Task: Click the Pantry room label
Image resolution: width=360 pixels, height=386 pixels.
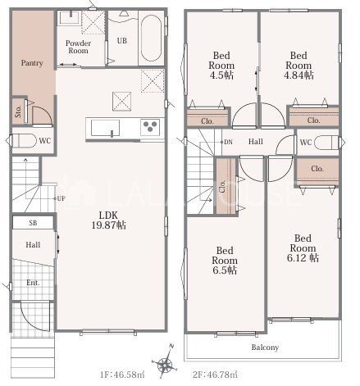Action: (x=32, y=63)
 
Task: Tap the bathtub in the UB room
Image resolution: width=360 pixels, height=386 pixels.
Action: (x=151, y=38)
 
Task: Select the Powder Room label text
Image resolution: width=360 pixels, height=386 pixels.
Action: (x=78, y=47)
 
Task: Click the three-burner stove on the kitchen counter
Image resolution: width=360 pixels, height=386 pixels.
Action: (x=150, y=127)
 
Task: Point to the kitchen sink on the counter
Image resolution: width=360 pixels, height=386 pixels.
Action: (x=105, y=128)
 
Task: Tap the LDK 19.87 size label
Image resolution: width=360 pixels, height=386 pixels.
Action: (x=108, y=220)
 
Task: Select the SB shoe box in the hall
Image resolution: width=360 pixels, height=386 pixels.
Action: (x=33, y=223)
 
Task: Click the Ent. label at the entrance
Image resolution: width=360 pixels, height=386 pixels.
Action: (x=33, y=283)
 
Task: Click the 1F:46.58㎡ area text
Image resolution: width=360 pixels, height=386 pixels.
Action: (x=122, y=375)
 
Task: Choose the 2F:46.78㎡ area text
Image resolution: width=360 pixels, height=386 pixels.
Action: (x=215, y=375)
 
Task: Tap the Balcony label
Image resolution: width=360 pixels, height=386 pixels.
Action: (x=265, y=347)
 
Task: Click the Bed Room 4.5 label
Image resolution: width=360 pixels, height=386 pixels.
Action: (x=221, y=66)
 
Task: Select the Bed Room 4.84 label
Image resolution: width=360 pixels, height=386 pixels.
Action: (x=298, y=66)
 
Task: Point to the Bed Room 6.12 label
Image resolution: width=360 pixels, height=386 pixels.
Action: (x=303, y=248)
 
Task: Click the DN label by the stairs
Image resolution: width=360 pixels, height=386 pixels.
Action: (x=228, y=142)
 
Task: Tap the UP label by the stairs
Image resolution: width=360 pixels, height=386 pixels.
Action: (x=61, y=198)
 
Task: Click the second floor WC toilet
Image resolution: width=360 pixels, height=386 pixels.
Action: (x=326, y=143)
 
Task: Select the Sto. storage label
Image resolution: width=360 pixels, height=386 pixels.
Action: (x=18, y=111)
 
